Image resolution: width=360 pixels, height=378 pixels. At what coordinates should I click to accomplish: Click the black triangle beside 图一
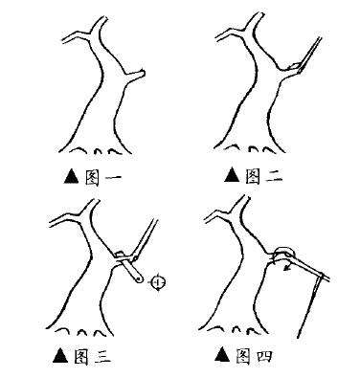[71, 176]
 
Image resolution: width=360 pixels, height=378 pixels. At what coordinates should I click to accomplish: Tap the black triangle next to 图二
[232, 175]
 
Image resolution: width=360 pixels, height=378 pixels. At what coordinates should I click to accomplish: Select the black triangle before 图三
[60, 355]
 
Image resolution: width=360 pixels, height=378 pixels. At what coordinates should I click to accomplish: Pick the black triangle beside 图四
[223, 355]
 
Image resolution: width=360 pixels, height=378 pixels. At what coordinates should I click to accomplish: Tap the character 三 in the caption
[101, 356]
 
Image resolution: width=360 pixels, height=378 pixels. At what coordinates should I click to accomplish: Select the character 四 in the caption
[263, 356]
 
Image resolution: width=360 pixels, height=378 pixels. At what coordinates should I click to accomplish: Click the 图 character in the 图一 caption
[91, 177]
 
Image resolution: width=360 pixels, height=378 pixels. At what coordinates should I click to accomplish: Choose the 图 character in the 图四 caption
[243, 356]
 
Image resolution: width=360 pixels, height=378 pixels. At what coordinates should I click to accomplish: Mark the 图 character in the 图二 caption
[253, 176]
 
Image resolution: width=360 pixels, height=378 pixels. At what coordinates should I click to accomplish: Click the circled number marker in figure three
[158, 282]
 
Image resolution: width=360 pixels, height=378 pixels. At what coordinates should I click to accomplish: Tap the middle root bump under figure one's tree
[98, 151]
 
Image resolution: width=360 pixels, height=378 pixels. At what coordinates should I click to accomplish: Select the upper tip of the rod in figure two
[320, 38]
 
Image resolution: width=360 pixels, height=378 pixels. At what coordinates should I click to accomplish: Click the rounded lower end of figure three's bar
[139, 278]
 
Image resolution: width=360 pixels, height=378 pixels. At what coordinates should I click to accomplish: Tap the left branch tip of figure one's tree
[64, 40]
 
